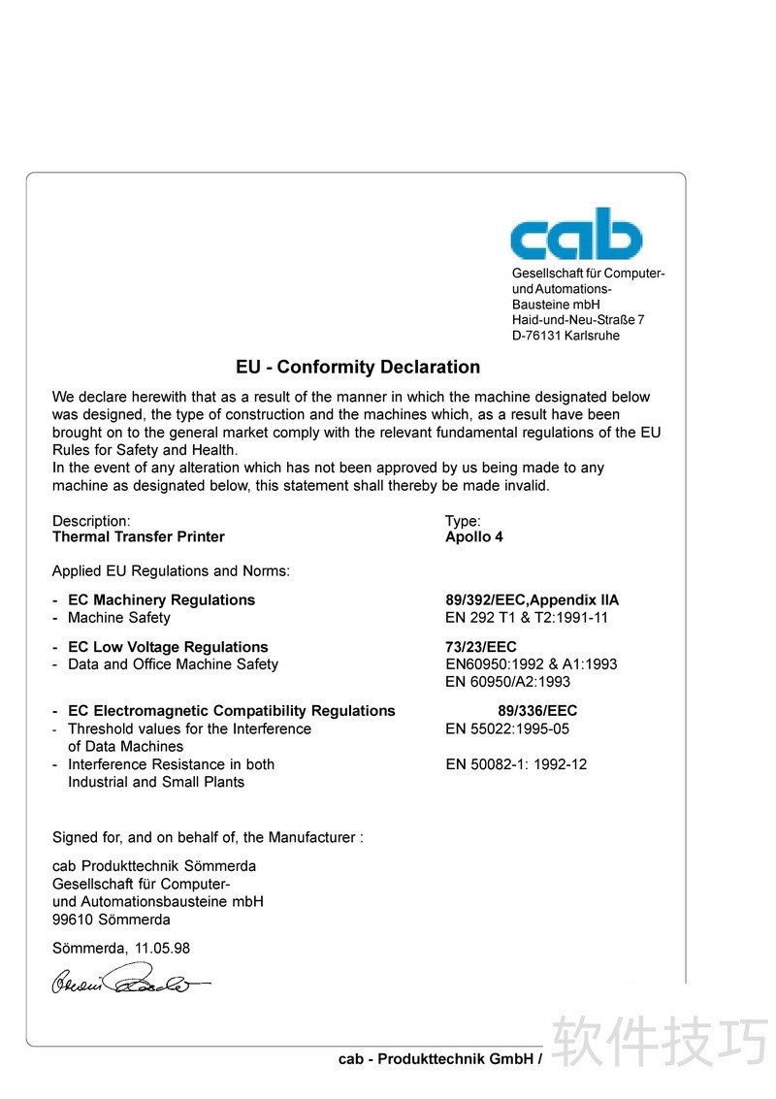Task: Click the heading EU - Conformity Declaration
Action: [358, 368]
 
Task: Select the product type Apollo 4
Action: [474, 537]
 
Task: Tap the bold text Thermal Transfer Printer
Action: [139, 537]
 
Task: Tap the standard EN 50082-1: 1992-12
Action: [516, 764]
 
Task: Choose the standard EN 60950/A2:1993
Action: [508, 682]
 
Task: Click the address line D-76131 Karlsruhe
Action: [566, 336]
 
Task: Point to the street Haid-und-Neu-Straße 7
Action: [578, 320]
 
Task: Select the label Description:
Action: [91, 521]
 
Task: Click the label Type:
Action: [463, 521]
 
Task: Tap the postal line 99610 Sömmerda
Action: [112, 920]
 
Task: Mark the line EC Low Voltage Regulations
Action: [168, 647]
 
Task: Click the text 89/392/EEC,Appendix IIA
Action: [532, 600]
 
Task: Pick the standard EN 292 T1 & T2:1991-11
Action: [527, 618]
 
